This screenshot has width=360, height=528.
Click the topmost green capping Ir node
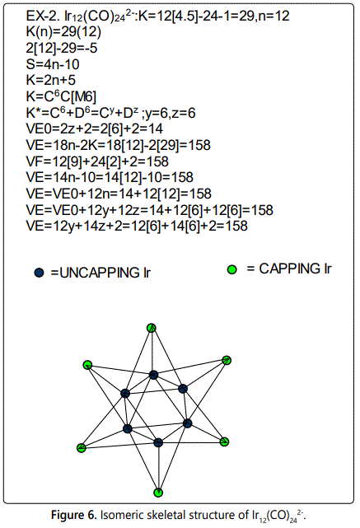152,328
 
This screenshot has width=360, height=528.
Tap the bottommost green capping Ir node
158,493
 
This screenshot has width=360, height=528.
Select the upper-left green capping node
87,365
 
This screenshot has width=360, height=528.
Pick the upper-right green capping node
227,360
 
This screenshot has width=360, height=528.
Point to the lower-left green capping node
82,448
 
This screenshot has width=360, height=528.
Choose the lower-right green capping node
224,442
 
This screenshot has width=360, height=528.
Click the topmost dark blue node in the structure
153,375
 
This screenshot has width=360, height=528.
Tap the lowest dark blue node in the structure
158,442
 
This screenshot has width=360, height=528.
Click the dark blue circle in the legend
39,273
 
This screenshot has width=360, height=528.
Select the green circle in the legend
232,269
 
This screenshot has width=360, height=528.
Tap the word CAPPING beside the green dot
289,269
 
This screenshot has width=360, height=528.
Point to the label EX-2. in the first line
43,16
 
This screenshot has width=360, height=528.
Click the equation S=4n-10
53,64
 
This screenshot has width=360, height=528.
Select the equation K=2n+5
51,80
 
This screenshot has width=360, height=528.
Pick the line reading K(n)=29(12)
63,32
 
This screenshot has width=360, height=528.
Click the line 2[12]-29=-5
62,48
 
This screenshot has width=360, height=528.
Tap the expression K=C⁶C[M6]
61,96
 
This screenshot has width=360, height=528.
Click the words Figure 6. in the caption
74,515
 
